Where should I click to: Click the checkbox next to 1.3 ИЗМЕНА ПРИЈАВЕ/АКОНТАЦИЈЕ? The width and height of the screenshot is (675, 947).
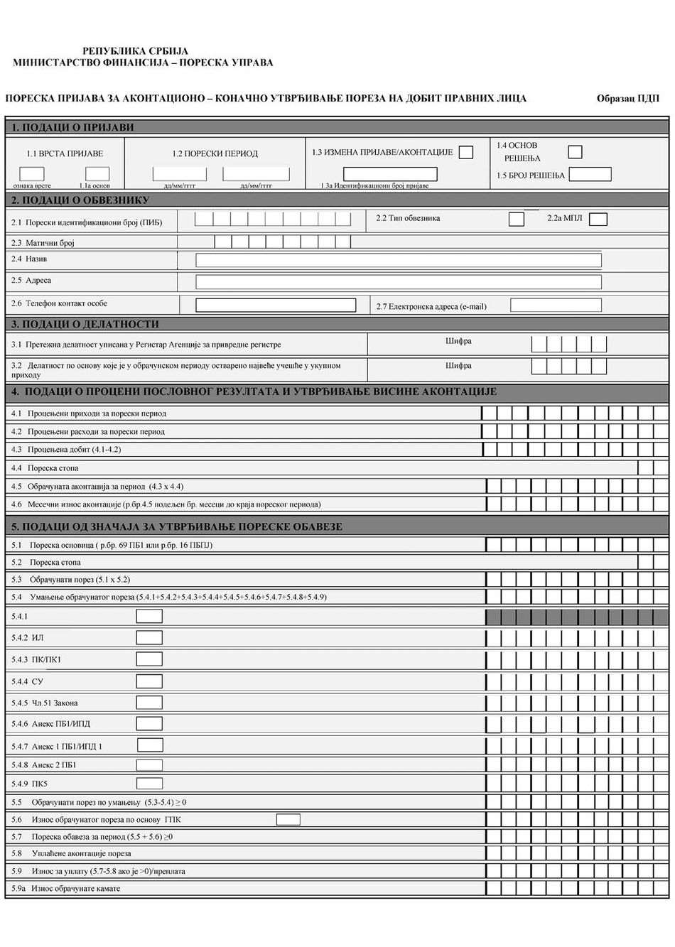[x=466, y=152]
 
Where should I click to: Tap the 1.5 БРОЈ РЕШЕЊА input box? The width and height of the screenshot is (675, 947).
[x=590, y=174]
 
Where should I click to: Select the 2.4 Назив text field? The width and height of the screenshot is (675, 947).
[x=398, y=260]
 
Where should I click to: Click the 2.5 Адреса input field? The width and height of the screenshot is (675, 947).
[x=398, y=282]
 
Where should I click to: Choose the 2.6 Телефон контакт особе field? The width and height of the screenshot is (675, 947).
[x=276, y=305]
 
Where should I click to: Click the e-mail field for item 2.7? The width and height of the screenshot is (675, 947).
[x=556, y=305]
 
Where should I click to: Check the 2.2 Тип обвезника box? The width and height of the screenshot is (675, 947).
[x=517, y=219]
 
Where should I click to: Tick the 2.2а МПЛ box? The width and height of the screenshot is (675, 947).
[x=598, y=219]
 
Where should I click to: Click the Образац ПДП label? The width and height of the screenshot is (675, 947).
[x=628, y=99]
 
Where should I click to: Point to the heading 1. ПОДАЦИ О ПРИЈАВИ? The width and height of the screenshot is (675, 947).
[x=72, y=128]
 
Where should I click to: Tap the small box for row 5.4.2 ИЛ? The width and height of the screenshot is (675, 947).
[x=149, y=637]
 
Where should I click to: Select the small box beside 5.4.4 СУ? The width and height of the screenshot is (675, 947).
[x=149, y=681]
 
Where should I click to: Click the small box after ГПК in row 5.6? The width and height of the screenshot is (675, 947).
[x=288, y=819]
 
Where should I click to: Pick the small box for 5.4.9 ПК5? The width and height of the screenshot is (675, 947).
[x=149, y=784]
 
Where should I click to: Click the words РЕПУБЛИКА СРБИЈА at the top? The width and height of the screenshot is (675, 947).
[x=136, y=51]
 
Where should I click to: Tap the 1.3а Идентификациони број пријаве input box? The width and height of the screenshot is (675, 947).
[x=390, y=174]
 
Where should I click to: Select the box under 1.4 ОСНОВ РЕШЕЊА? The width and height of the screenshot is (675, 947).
[x=575, y=151]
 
